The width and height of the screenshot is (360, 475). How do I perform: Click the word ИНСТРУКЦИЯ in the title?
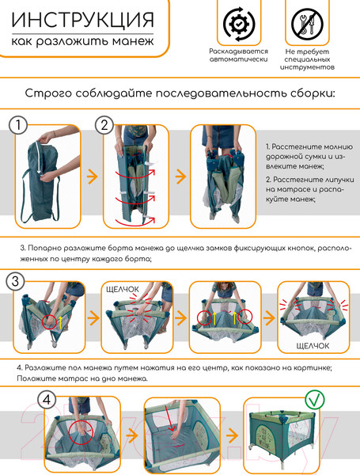82,20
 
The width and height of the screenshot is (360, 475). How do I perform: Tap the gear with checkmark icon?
239,24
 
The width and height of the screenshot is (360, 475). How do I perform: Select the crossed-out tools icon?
307,23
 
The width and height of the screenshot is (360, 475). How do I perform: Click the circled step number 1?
18,125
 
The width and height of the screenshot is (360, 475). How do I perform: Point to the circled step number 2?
104,125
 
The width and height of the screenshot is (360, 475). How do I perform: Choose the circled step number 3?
15,281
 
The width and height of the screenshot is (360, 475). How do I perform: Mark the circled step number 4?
47,400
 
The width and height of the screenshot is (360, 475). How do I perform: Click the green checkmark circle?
315,400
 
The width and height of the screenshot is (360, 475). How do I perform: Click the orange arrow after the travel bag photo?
93,177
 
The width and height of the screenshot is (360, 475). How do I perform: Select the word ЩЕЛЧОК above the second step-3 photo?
123,289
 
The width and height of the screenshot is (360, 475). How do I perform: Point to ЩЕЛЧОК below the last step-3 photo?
313,346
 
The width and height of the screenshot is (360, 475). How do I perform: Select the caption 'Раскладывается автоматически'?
239,55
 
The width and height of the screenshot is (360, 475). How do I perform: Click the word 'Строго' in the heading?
48,93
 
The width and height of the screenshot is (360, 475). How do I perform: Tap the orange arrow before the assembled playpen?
232,436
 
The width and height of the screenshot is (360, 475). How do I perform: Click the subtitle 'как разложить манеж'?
82,41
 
